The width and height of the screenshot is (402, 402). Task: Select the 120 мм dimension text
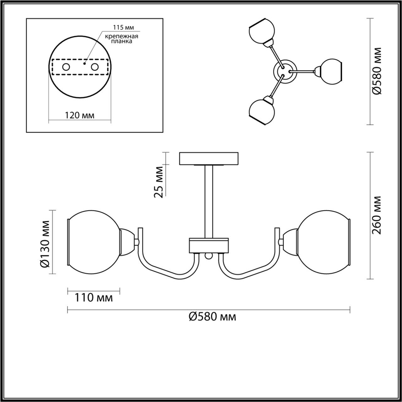[80, 115]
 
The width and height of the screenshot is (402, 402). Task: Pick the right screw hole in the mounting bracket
[95, 67]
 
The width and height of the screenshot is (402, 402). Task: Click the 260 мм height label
[377, 215]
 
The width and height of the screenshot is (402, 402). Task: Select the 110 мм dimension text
[94, 298]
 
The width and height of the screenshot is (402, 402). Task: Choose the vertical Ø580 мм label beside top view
[377, 71]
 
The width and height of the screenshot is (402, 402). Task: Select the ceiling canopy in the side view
[209, 158]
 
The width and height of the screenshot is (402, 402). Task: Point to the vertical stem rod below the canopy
[209, 201]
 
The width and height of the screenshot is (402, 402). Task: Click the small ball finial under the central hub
[208, 256]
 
